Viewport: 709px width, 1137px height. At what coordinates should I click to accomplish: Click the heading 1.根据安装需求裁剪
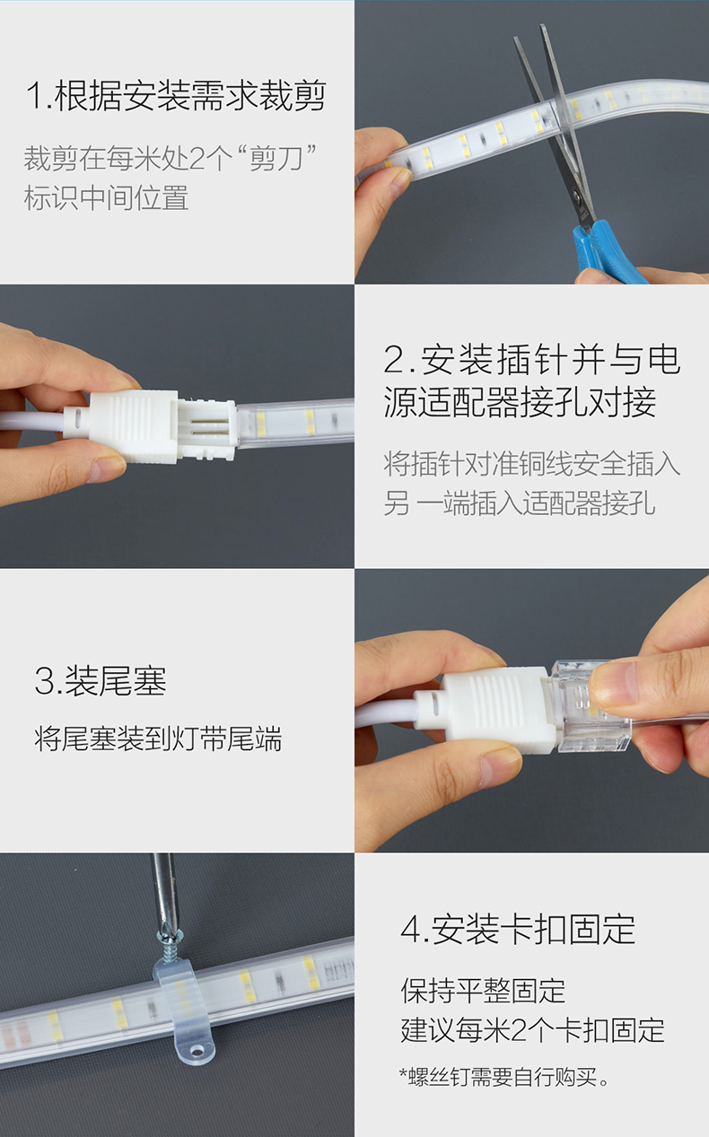176,95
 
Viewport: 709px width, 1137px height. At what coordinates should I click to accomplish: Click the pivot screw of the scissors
577,195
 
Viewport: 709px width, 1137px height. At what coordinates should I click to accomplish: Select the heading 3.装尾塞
101,681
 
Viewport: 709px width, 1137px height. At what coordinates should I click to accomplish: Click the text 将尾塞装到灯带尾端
158,739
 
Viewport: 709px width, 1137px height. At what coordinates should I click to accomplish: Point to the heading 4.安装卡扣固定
518,930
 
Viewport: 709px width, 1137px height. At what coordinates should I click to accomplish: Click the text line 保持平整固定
483,990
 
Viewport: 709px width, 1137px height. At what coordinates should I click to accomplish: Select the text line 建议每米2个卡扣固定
532,1030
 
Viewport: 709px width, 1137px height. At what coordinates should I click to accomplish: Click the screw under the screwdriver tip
168,943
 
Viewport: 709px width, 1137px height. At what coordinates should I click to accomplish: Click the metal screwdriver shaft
164,889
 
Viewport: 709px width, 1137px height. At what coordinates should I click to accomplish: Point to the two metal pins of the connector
208,427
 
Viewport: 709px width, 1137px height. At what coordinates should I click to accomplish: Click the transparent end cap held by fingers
591,705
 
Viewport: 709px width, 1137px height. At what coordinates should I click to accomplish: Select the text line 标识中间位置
106,198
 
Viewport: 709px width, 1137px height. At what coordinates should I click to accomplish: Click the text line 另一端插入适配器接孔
520,503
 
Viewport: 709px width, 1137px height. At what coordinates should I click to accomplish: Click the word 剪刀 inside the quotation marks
276,158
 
